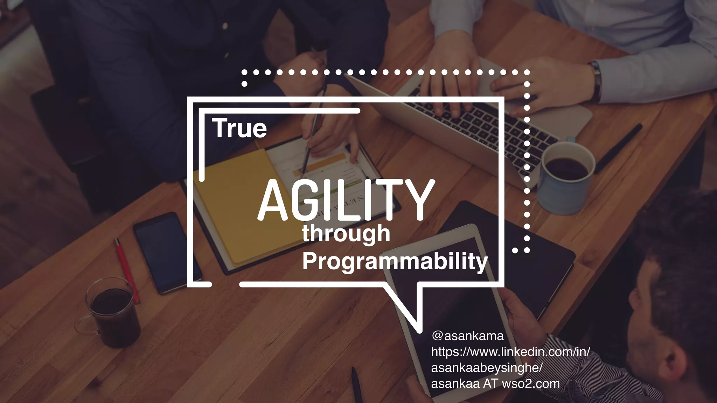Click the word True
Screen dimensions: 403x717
point(239,128)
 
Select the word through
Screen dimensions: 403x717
point(346,234)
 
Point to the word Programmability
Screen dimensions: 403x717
point(395,261)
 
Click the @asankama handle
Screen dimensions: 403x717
point(467,336)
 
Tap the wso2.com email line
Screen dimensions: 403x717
point(495,384)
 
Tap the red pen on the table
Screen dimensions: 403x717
point(126,269)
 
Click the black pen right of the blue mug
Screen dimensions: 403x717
point(618,149)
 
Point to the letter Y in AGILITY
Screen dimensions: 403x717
point(417,200)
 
